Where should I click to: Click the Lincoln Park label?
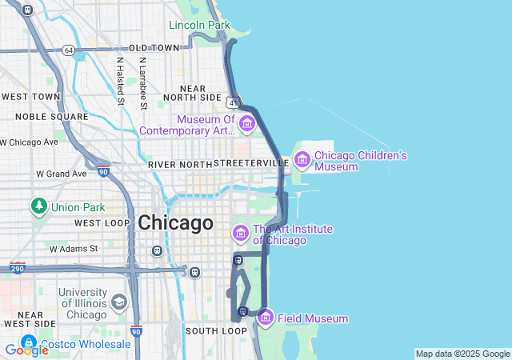pos(199,25)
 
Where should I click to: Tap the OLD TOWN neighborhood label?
pos(154,48)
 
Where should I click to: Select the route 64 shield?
pos(69,50)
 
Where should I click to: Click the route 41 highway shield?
pos(232,102)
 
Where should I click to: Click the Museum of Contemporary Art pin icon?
pos(246,123)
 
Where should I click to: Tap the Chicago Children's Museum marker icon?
pos(302,160)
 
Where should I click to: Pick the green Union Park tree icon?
pos(38,206)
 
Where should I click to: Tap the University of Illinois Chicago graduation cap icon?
pos(119,302)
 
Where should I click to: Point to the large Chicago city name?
pos(175,222)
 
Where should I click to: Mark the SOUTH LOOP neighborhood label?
pos(216,330)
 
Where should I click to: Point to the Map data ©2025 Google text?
pos(462,354)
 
